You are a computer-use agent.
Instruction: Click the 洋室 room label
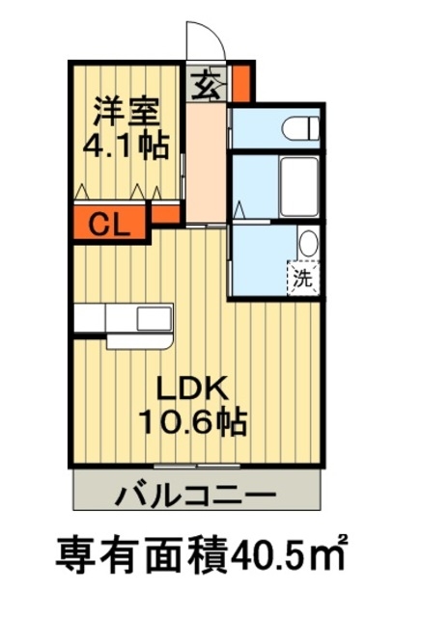(x=124, y=110)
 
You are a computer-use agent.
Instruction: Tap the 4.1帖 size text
(x=125, y=144)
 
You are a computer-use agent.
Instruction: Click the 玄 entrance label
(x=205, y=85)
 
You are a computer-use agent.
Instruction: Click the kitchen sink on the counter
(x=153, y=317)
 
